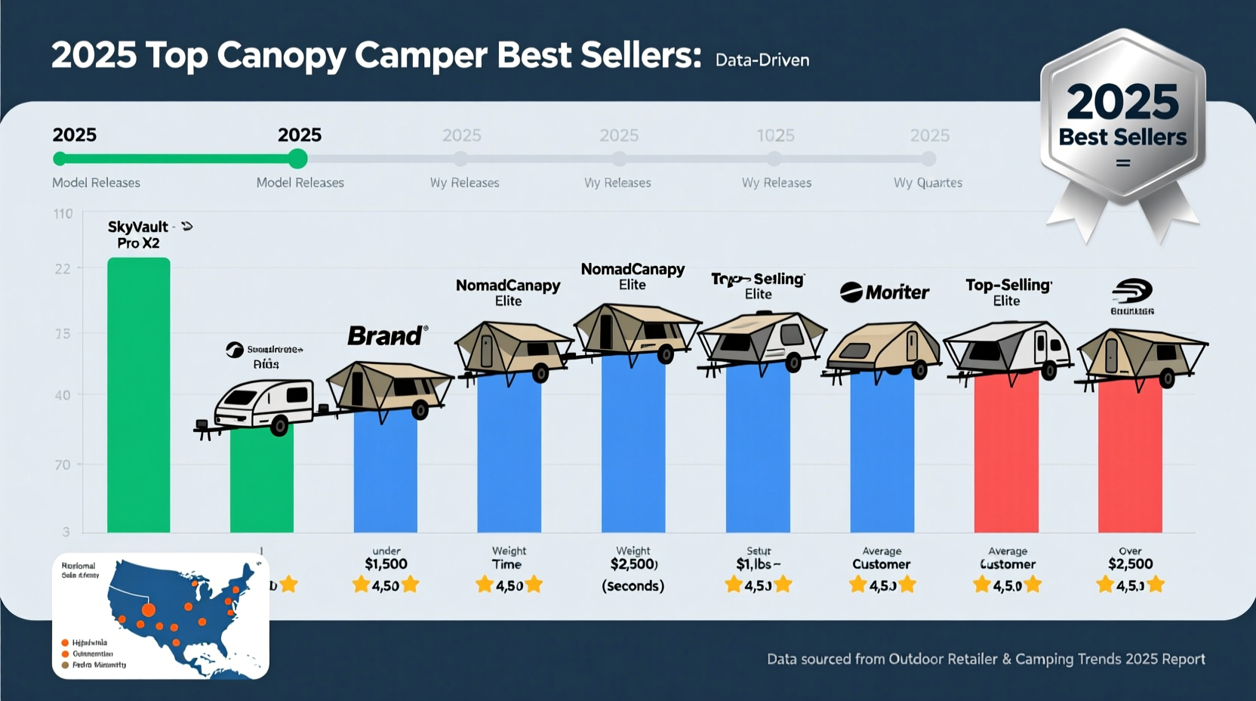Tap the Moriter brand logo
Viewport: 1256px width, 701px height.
pyautogui.click(x=884, y=292)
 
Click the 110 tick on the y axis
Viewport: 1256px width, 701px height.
pyautogui.click(x=63, y=214)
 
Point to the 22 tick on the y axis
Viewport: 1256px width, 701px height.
pyautogui.click(x=63, y=269)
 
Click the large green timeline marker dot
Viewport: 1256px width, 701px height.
pyautogui.click(x=297, y=159)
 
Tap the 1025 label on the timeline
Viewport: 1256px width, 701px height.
pyautogui.click(x=775, y=135)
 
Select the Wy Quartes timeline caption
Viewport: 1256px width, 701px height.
pyautogui.click(x=928, y=183)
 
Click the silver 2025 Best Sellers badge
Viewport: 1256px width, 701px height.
pyautogui.click(x=1122, y=121)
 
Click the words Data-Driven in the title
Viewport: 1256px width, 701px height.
pyautogui.click(x=762, y=60)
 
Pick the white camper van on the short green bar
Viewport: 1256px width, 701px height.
pyautogui.click(x=263, y=405)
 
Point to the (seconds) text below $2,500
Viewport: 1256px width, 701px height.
pyautogui.click(x=633, y=586)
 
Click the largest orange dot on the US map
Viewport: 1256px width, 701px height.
pyautogui.click(x=149, y=610)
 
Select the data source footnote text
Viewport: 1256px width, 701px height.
pyautogui.click(x=986, y=659)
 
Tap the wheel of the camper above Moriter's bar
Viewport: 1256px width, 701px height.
pyautogui.click(x=919, y=370)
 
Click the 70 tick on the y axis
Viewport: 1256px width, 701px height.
pyautogui.click(x=63, y=465)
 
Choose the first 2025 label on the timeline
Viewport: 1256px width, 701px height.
pyautogui.click(x=74, y=135)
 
